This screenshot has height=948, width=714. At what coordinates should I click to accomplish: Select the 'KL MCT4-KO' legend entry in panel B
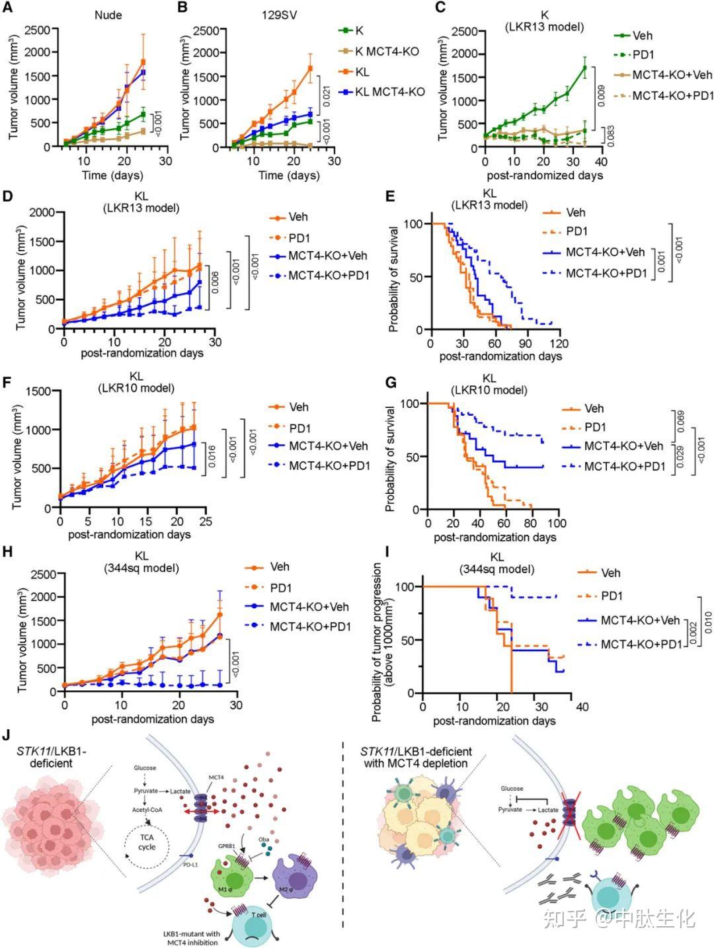pos(389,92)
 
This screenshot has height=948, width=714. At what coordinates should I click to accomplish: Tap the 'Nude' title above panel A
pos(108,15)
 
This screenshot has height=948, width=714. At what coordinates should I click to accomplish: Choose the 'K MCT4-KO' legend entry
pos(387,51)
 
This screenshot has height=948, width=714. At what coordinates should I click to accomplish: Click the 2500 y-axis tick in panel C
pos(464,30)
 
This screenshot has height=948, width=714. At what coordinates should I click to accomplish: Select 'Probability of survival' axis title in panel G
pos(391,459)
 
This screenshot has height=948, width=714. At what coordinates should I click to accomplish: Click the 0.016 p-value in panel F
pos(213,454)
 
